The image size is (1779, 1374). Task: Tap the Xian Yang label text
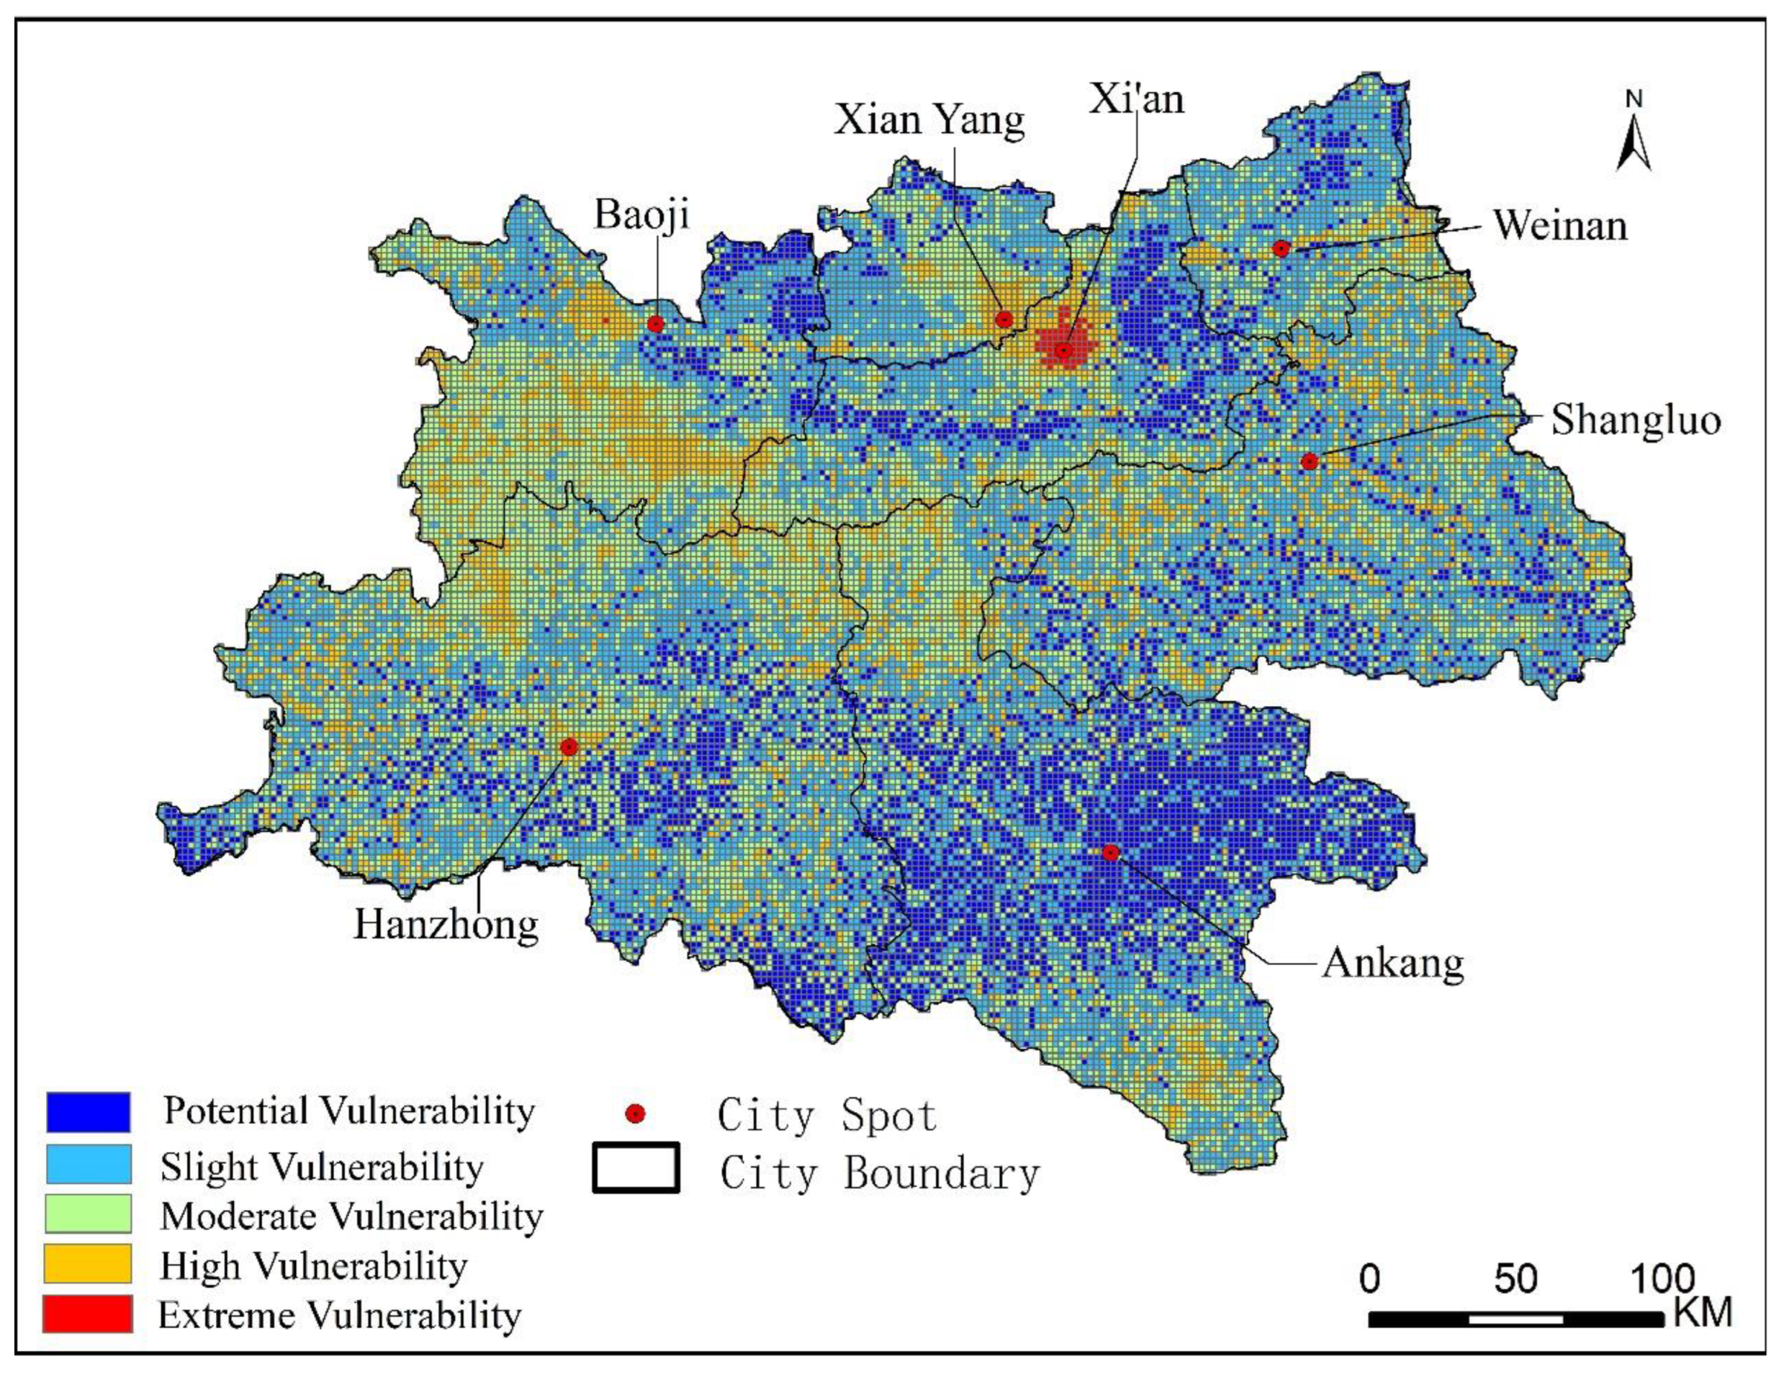coord(929,119)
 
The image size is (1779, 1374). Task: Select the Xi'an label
coord(1136,99)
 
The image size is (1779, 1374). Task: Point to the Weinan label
coord(1560,225)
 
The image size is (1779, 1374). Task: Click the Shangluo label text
coord(1635,420)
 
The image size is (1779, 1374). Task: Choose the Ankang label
coord(1392,964)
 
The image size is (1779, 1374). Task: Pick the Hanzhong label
coord(446,924)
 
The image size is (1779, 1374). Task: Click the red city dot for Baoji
coord(656,323)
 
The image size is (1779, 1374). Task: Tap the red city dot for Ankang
coord(1110,852)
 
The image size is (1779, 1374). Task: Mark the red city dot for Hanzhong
coord(569,746)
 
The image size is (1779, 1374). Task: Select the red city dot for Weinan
coord(1282,248)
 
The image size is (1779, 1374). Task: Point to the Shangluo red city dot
coord(1309,461)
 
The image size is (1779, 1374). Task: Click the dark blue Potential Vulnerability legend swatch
coord(88,1112)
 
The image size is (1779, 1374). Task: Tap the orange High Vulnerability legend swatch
coord(88,1263)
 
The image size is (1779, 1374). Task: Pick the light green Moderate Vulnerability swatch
coord(88,1213)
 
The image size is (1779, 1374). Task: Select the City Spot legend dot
coord(635,1113)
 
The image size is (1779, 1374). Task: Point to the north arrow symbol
coord(1633,138)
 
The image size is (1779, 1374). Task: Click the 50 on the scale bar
coord(1515,1280)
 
